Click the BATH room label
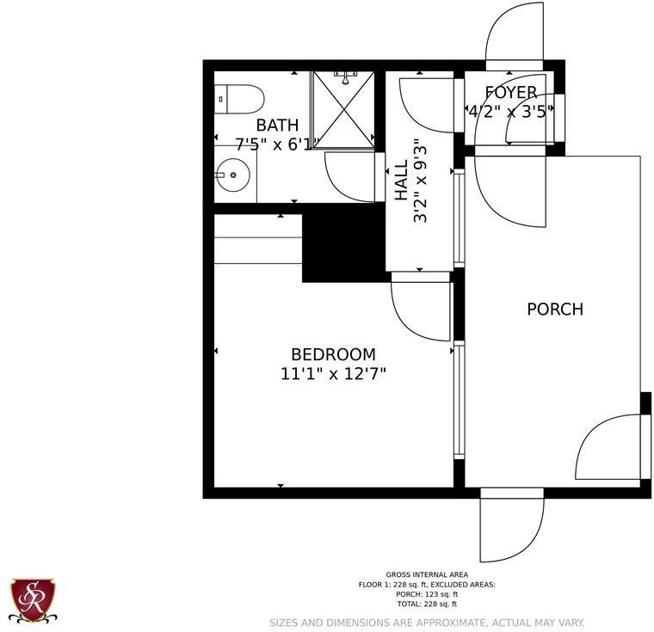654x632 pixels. (x=277, y=126)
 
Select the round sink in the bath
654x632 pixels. (x=232, y=176)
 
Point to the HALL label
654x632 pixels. (x=402, y=183)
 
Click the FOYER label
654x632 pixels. (x=511, y=92)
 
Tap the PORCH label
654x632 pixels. (x=555, y=309)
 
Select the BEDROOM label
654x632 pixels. (x=333, y=354)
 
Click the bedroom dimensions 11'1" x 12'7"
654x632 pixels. (x=333, y=374)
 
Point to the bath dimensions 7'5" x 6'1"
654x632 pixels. (x=266, y=144)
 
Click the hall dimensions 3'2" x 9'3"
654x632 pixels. (x=420, y=181)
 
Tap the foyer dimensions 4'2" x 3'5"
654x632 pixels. (x=507, y=111)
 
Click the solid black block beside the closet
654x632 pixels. (x=343, y=242)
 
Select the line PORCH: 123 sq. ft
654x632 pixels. (x=427, y=594)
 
